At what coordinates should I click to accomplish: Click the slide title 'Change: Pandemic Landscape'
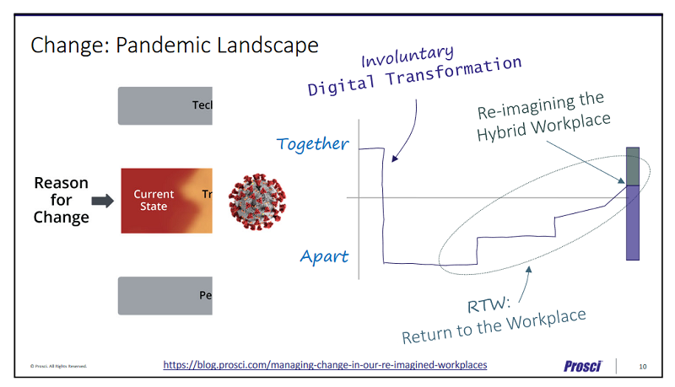[x=175, y=45]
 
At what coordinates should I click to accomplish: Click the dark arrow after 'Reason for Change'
[x=102, y=201]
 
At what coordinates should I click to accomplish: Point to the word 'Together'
[x=312, y=144]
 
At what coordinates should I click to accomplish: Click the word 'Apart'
[x=325, y=256]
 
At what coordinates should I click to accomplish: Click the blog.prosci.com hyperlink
[x=325, y=364]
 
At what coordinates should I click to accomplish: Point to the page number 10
[x=643, y=365]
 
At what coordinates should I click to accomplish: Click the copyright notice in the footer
[x=58, y=366]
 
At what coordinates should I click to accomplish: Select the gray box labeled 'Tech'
[x=165, y=105]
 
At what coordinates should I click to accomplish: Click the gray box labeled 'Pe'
[x=165, y=296]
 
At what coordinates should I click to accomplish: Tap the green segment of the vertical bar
[x=633, y=165]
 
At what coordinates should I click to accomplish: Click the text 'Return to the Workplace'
[x=493, y=327]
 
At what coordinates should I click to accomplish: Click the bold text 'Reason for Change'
[x=61, y=200]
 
